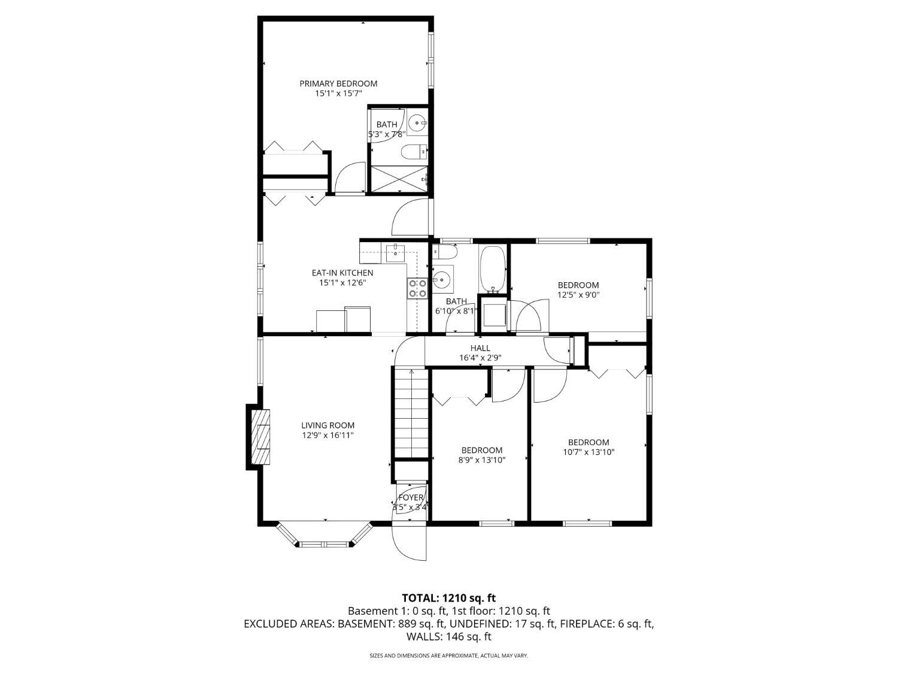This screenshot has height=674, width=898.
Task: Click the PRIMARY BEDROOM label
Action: (338, 83)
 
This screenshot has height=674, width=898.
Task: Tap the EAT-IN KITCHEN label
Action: (342, 273)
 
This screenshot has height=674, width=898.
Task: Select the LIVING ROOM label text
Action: (327, 425)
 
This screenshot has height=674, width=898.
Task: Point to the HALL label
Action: (480, 348)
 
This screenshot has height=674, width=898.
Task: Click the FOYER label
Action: (411, 497)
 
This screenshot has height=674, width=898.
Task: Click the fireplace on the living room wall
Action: (259, 437)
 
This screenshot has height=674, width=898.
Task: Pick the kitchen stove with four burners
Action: (417, 288)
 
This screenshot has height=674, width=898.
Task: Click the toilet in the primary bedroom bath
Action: (414, 152)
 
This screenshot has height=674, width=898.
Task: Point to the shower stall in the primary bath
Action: (399, 179)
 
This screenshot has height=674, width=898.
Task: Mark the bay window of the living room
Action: (325, 534)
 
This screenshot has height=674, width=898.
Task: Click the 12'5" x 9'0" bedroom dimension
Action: (578, 295)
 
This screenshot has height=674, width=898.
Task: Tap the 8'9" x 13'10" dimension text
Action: (482, 460)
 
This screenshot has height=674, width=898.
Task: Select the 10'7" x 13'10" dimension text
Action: (588, 452)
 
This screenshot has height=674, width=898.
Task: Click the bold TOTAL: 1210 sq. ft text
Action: (449, 598)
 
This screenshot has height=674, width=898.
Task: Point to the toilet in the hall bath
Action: (444, 252)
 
